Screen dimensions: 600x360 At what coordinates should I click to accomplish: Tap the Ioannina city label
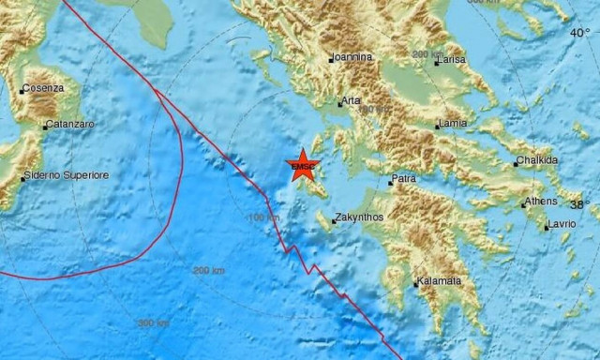tap(353, 57)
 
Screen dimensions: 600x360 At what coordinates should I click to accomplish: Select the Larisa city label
tap(454, 60)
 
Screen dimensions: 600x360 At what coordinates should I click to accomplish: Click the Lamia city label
tap(454, 124)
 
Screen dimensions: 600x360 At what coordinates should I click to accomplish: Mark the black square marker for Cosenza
tap(22, 91)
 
